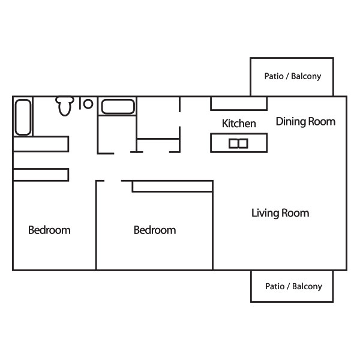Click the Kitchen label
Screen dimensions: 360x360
point(239,123)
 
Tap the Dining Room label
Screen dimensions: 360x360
point(305,122)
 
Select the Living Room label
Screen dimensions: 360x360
point(280,213)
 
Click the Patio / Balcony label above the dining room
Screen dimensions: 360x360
point(293,76)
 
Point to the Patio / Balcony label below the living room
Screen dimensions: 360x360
point(293,286)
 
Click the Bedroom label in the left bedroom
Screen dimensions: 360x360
point(49,230)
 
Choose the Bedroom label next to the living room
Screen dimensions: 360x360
point(155,230)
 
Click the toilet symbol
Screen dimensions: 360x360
point(65,106)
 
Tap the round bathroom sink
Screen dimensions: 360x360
point(88,104)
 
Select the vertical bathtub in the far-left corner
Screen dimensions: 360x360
point(23,117)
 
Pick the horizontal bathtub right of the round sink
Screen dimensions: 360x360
point(118,107)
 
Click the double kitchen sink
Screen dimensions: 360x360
point(238,143)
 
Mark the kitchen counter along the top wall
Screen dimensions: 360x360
point(239,104)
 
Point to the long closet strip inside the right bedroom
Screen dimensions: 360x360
point(172,187)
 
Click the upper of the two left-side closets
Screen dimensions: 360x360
point(41,144)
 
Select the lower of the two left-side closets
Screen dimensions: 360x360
point(41,175)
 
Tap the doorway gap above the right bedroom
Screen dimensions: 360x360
point(113,181)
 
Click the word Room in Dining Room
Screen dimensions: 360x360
point(322,122)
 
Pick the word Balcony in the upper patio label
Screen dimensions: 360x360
point(306,76)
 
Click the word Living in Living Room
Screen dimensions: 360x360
point(265,213)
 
